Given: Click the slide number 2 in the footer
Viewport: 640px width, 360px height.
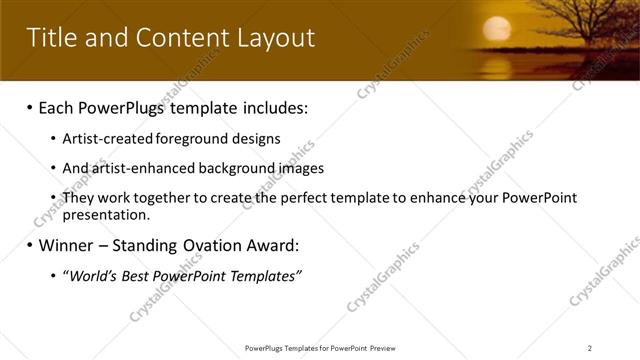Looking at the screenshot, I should point(590,348).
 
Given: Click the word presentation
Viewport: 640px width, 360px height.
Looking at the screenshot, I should point(106,214).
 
